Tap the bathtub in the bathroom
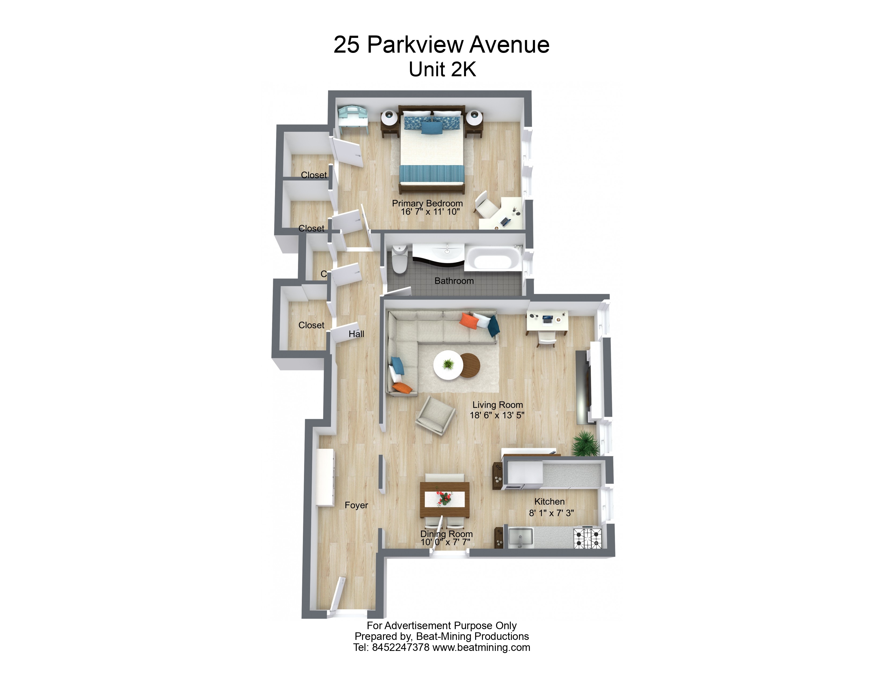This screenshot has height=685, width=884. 493,258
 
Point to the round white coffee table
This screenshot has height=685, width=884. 448,365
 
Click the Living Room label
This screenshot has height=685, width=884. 497,405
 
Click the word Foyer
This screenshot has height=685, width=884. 356,505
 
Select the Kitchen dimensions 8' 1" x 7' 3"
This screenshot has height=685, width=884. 551,513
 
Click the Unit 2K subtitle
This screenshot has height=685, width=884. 442,69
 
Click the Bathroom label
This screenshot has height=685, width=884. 454,281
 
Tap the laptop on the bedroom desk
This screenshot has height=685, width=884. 505,222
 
